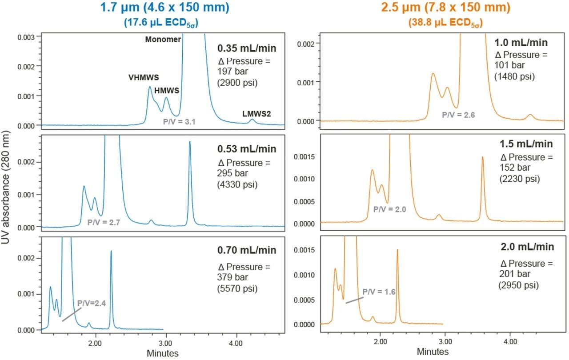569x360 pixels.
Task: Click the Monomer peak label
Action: (163, 40)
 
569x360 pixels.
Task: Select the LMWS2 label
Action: (256, 114)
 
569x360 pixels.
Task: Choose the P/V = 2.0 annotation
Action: (390, 209)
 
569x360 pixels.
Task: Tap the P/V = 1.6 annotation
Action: (379, 292)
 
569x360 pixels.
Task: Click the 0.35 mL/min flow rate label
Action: (246, 48)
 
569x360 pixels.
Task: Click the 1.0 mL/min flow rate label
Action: (521, 43)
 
